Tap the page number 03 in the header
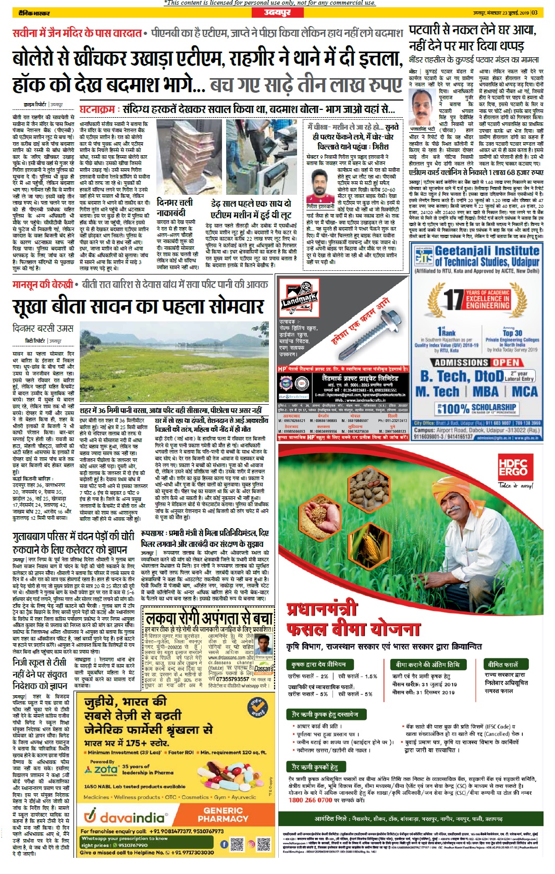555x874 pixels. [535, 13]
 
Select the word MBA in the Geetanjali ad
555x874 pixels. [486, 392]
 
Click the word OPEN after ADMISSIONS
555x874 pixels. [506, 362]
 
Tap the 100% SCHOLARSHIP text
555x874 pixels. [478, 408]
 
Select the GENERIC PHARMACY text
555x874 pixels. [223, 814]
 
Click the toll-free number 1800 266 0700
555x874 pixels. [310, 800]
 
